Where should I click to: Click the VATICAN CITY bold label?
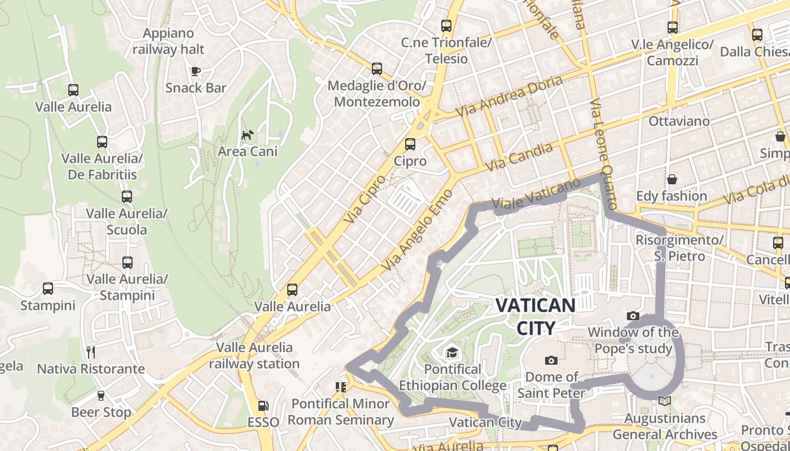coord(535,316)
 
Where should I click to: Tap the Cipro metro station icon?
coord(410,144)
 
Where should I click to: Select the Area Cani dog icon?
coord(247,135)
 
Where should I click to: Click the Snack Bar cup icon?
coord(196,71)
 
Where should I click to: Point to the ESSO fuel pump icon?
coord(263,405)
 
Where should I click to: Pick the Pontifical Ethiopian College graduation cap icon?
coord(452,353)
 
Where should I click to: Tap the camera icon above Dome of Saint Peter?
coord(551,360)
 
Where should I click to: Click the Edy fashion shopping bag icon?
coord(672,179)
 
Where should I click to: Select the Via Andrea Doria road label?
coord(509,96)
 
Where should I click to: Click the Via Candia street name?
coord(519,157)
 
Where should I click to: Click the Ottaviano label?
coord(679,121)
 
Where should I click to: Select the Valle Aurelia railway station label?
coord(254,356)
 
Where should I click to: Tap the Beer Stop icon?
coord(101,396)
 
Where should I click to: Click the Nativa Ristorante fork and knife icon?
coord(91,352)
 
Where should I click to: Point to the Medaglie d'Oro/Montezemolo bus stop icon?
coord(377,69)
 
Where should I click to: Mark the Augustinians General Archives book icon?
coord(665,401)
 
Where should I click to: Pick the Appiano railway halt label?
coord(169,41)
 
